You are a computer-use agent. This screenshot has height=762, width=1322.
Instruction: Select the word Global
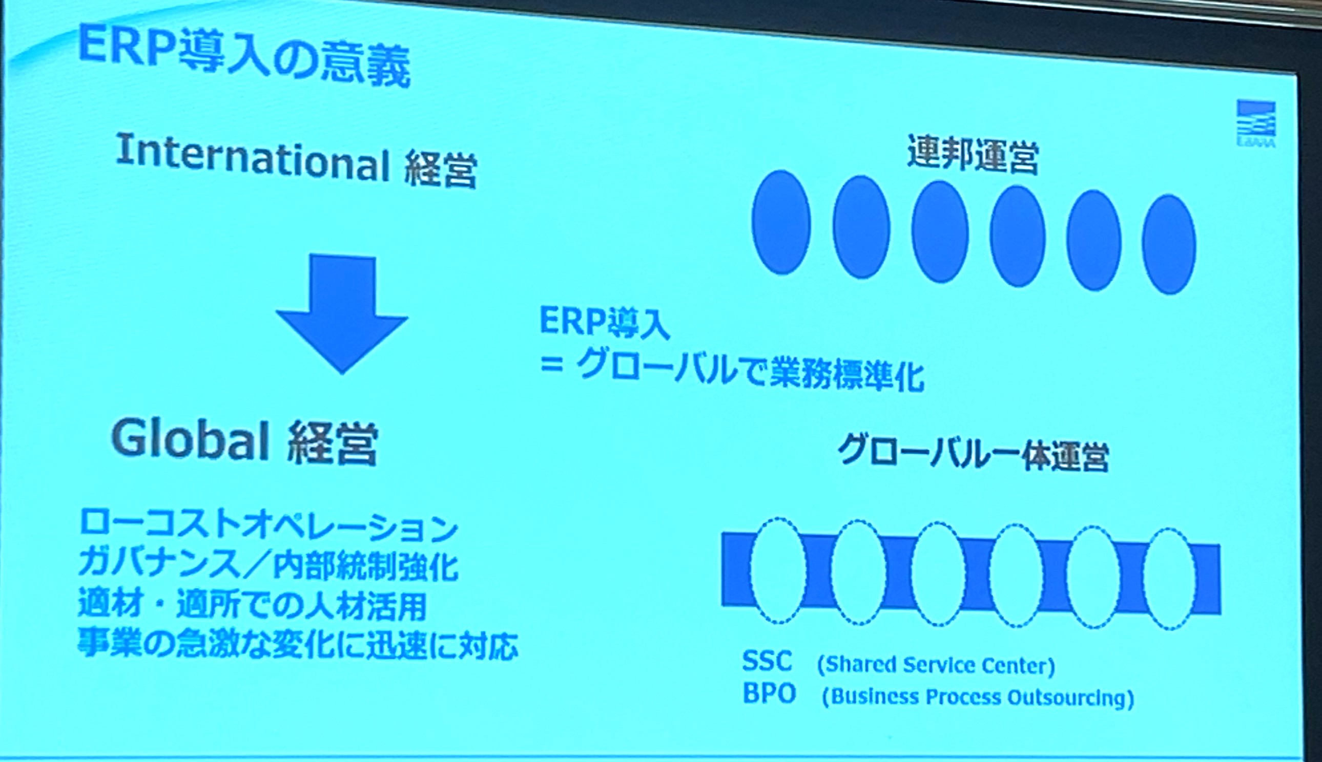tap(191, 439)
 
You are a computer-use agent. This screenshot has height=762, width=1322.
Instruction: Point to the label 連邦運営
tap(973, 153)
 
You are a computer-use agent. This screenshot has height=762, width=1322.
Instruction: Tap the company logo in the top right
tap(1255, 124)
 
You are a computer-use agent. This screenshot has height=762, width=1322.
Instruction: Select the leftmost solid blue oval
tap(781, 222)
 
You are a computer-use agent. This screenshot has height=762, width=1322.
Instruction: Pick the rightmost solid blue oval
tap(1169, 244)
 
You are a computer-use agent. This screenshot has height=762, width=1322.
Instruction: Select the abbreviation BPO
tap(769, 693)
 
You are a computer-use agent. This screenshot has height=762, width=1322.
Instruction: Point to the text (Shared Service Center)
tap(936, 665)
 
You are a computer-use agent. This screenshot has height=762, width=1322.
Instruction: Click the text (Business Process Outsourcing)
tap(978, 697)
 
